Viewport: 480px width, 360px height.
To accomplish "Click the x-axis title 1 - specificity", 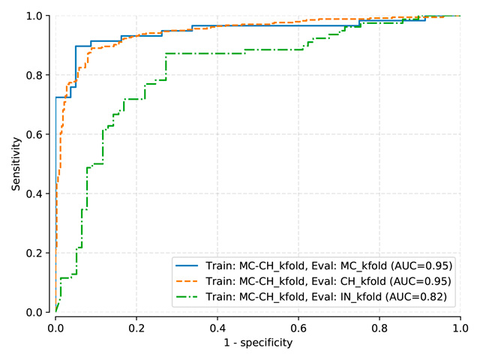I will (x=258, y=343).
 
